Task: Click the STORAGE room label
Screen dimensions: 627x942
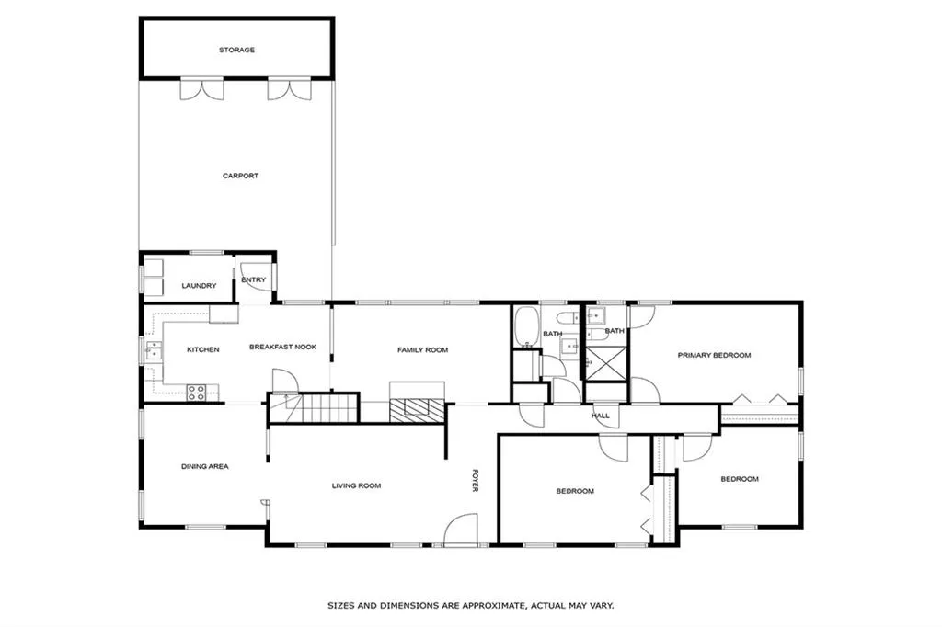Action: tap(236, 50)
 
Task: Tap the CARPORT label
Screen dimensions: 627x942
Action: tap(240, 176)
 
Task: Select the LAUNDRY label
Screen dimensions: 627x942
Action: tap(199, 286)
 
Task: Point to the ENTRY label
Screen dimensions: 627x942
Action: tap(253, 280)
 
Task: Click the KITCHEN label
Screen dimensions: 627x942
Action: tap(203, 349)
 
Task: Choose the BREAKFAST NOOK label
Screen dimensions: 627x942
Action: tap(283, 347)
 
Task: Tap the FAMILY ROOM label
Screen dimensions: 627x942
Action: tap(422, 350)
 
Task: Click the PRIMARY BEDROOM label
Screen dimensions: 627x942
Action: tap(714, 355)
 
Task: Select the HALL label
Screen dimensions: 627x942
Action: tap(601, 416)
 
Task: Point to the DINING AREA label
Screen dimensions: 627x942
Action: tap(204, 467)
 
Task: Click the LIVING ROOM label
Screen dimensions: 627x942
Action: tap(356, 485)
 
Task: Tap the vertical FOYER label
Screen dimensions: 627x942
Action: tap(476, 482)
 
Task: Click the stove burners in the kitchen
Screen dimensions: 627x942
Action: tap(196, 393)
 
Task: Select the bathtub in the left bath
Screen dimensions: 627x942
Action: tap(526, 326)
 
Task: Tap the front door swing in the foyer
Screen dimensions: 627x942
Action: tap(460, 530)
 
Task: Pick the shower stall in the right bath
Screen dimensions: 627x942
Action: tap(604, 362)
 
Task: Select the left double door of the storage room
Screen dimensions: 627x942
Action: tap(201, 89)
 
